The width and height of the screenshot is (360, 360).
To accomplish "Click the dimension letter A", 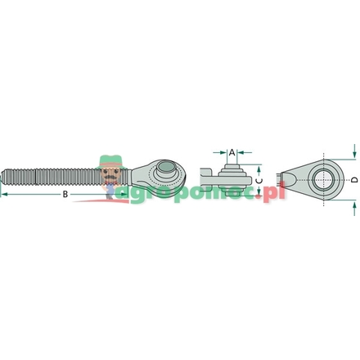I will coord(232,152).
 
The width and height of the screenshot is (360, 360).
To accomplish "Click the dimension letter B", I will coord(64,194).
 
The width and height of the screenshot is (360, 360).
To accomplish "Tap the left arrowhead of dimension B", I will coord(3,194).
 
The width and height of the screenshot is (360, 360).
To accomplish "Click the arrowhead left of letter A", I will coord(223,152).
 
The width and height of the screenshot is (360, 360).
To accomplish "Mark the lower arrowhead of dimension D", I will coord(353,197).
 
